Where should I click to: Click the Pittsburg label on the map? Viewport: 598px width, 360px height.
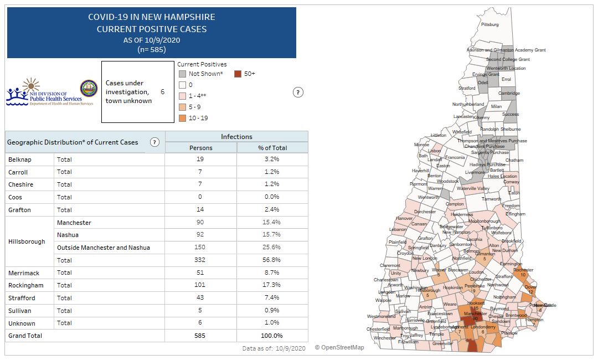click(x=490, y=25)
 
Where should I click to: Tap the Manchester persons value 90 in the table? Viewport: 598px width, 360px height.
click(x=200, y=223)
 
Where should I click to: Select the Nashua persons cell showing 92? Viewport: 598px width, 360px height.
click(x=200, y=235)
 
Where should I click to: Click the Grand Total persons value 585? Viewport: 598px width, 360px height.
click(x=200, y=336)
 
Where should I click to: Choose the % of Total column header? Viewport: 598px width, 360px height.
click(x=272, y=148)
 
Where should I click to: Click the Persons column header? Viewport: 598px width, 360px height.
click(x=200, y=148)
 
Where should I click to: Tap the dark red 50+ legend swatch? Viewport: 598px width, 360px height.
click(x=238, y=74)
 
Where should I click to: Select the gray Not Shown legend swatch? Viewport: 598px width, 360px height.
click(x=182, y=74)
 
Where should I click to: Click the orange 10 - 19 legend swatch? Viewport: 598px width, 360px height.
click(x=182, y=118)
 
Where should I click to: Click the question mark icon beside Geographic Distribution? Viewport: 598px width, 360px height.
click(x=154, y=142)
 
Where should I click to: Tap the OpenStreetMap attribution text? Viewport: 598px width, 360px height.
click(x=339, y=347)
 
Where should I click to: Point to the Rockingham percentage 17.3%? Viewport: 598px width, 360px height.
click(x=272, y=285)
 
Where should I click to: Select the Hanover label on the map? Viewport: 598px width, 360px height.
click(x=404, y=218)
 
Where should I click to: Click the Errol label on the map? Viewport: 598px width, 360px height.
click(x=506, y=79)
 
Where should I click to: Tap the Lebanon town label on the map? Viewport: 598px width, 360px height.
click(x=398, y=229)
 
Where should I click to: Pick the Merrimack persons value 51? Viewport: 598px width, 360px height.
click(x=200, y=272)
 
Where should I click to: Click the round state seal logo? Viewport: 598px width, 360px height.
click(x=89, y=89)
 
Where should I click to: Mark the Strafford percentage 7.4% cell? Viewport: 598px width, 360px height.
click(x=272, y=298)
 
